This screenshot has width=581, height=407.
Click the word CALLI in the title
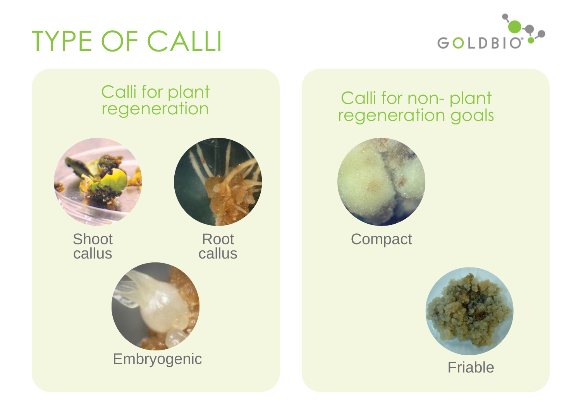coord(184,41)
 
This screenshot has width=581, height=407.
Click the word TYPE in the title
coord(62,41)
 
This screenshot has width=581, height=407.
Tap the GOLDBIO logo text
coord(480,43)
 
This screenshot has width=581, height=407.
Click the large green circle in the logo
coord(515,26)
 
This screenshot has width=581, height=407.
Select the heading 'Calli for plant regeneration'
coord(155,100)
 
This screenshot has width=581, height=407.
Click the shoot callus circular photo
coord(98,182)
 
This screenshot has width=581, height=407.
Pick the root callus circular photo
coord(218,182)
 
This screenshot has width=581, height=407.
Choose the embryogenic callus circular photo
coord(156,306)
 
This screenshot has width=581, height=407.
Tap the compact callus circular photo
coord(381,182)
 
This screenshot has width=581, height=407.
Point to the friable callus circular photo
coord(469,311)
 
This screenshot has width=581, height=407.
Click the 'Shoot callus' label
coord(93,246)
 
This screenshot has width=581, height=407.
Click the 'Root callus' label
coord(218,246)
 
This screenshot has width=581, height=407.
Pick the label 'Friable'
coord(471,367)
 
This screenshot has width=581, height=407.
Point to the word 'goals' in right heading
coord(472,116)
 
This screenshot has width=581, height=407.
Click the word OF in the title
coord(120,41)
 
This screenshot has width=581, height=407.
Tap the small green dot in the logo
coord(531,40)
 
